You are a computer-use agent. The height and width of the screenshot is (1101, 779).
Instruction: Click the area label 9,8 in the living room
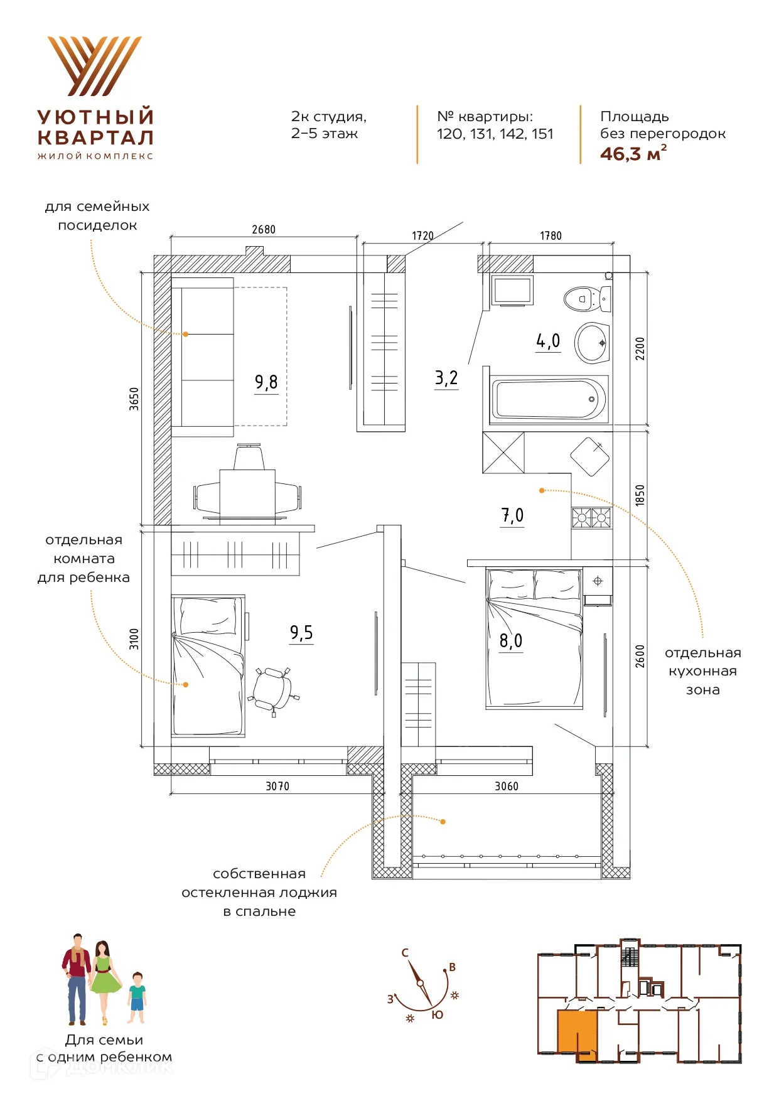coord(266,382)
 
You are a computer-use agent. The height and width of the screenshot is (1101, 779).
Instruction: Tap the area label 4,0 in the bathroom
coord(548,340)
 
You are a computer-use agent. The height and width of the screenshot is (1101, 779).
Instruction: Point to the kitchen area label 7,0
coord(512,515)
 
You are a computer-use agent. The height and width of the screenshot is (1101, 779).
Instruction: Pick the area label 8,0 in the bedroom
coord(511,640)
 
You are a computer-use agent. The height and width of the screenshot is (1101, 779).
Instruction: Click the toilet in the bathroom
coord(587,298)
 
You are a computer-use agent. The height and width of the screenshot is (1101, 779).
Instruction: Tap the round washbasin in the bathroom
coord(592,343)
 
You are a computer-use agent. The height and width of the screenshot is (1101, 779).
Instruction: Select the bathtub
coord(549,399)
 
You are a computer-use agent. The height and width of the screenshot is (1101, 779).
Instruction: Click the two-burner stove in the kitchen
coord(591,518)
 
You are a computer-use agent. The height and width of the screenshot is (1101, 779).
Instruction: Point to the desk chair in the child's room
coord(274,691)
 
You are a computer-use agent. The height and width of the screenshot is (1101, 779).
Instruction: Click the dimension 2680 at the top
coord(264,230)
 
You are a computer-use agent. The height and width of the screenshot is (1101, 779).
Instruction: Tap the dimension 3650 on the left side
coord(134,399)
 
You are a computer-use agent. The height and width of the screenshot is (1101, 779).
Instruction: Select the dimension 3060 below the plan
coord(507,787)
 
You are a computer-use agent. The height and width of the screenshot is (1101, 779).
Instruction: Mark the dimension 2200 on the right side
coord(640,348)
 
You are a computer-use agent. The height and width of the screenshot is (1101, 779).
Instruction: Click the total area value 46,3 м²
coord(633,154)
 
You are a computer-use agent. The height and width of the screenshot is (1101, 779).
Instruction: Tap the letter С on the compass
coord(405,953)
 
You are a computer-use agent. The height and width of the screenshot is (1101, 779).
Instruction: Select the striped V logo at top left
coord(95,66)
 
